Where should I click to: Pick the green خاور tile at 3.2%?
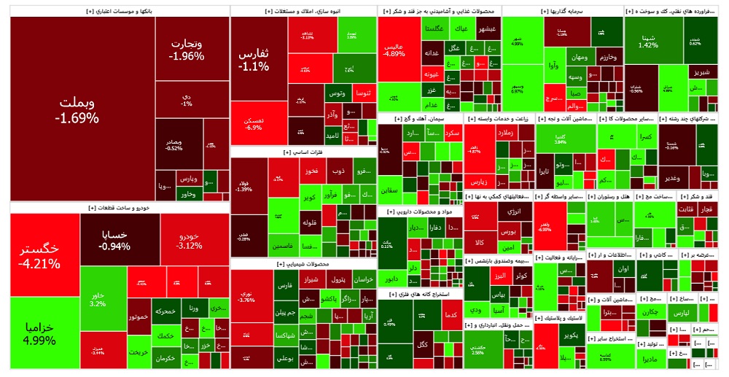tap(98, 299)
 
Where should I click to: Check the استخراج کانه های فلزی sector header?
tap(420, 295)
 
